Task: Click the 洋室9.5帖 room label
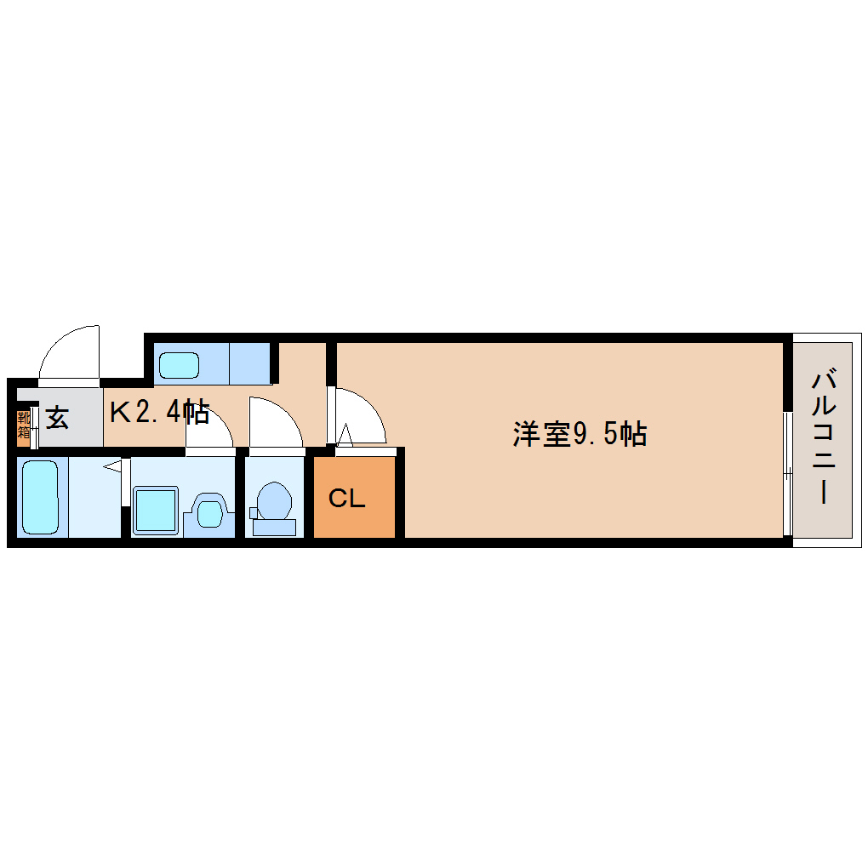coord(580,434)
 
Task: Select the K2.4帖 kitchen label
coord(159,413)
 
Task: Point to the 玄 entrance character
coord(56,418)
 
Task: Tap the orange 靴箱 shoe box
coord(24,425)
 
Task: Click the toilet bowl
coord(274,501)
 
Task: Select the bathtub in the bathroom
coord(39,497)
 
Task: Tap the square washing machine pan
coord(156,511)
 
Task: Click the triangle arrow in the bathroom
coord(112,467)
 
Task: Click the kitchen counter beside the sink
coord(248,363)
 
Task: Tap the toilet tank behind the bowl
coord(274,528)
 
